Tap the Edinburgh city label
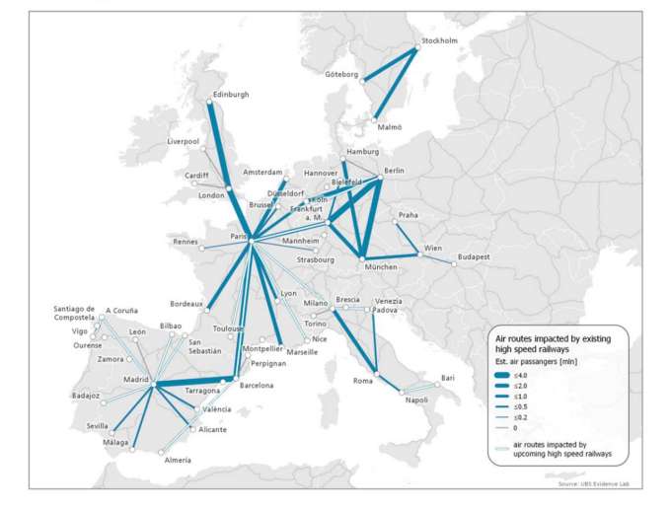tap(230, 95)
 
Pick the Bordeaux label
tap(186, 304)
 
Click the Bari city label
tap(448, 378)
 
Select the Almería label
tap(178, 461)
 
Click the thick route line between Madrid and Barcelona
tap(192, 383)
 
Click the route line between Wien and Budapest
tap(438, 258)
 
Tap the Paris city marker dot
tap(251, 240)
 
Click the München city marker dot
tap(363, 258)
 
